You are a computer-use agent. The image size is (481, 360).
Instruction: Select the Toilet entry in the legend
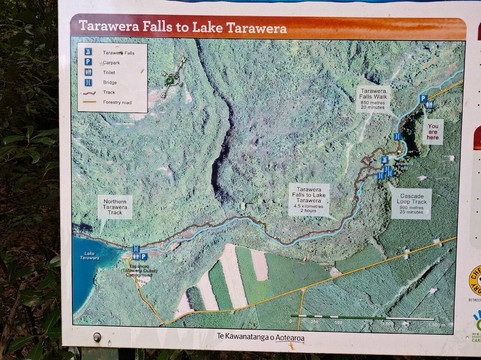(x=108, y=71)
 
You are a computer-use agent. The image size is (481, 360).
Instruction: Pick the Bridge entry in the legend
(x=108, y=82)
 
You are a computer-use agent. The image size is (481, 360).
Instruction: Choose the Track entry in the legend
(x=108, y=93)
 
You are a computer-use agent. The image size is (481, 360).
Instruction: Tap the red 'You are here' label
(x=433, y=131)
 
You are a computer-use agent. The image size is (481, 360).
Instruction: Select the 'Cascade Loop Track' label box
(x=413, y=205)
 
